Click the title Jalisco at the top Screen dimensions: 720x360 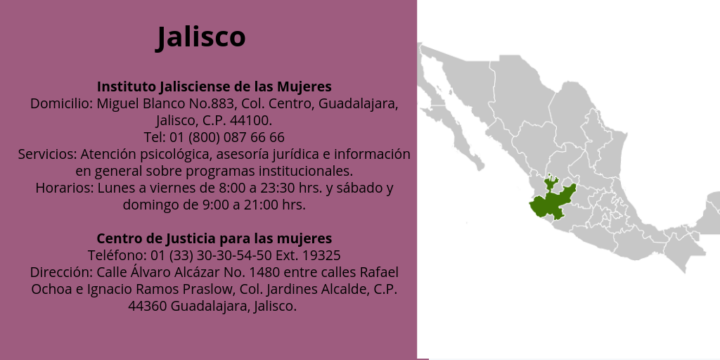[201, 37]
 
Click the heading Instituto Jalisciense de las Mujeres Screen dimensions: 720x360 [214, 86]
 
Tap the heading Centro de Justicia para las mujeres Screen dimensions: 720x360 [214, 238]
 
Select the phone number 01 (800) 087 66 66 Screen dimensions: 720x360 [227, 137]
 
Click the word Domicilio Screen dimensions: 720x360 [62, 104]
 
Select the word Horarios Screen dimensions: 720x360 [65, 188]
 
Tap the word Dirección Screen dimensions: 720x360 [62, 272]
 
